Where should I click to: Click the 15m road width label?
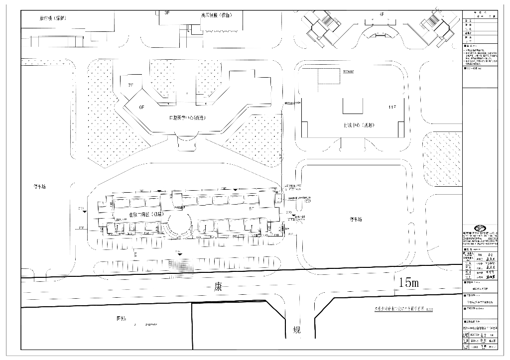[408, 283]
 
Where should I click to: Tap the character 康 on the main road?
[218, 287]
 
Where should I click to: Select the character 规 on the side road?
[297, 330]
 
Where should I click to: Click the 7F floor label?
[131, 85]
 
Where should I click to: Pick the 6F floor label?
[141, 107]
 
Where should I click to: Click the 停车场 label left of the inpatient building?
[40, 187]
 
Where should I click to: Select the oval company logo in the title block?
[482, 227]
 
